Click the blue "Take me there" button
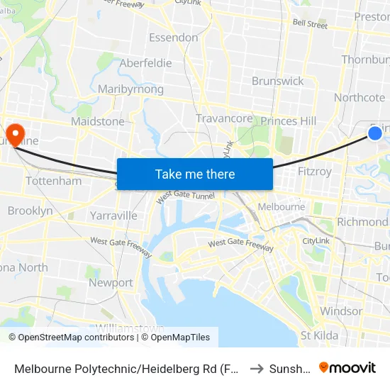[x=194, y=174]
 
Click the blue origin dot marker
[x=375, y=133]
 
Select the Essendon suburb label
[x=173, y=38]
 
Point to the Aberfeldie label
[x=145, y=63]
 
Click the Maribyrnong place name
[x=130, y=89]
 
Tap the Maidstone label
[x=97, y=122]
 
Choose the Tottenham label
[x=53, y=182]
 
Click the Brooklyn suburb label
[x=30, y=211]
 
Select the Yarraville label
[x=113, y=215]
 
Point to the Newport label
[x=111, y=283]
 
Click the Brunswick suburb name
[x=277, y=81]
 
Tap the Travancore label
[x=224, y=118]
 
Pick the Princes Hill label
[x=288, y=121]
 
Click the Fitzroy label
[x=315, y=172]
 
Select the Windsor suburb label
[x=341, y=311]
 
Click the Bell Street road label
[x=310, y=24]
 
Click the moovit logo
[x=347, y=367]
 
